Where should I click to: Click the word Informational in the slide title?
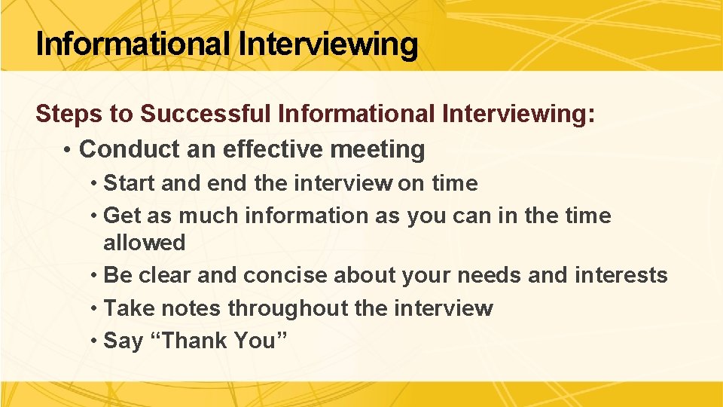(133, 44)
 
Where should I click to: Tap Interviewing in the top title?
(328, 44)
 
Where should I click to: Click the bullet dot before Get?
(93, 216)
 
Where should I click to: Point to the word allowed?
(144, 243)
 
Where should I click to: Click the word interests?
(621, 275)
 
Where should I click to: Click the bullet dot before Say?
(93, 341)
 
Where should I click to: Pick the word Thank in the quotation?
(196, 341)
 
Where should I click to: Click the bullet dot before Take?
(93, 308)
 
